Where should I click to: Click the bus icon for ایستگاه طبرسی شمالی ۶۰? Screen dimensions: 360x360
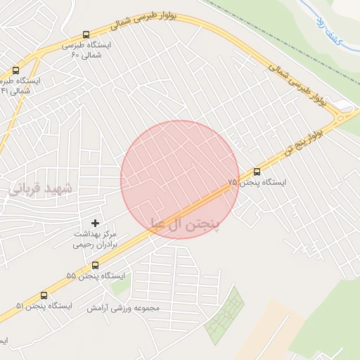coord(86,34)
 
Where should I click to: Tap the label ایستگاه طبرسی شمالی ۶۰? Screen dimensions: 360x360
coord(89,49)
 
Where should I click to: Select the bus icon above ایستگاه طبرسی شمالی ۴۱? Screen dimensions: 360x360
coord(15,70)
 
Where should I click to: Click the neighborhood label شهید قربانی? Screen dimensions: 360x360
coord(41,188)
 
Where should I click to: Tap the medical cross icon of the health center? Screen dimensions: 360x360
coord(96,223)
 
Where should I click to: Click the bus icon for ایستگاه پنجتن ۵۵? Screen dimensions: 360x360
coord(96,264)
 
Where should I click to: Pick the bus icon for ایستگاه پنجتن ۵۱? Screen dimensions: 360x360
coord(45,295)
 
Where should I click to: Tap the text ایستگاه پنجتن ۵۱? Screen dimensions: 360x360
coord(44,306)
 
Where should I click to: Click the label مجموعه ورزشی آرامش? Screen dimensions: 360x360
coord(124,308)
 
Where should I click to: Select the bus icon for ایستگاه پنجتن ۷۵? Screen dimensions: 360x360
coord(256,171)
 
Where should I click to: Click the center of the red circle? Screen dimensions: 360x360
coord(180,179)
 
